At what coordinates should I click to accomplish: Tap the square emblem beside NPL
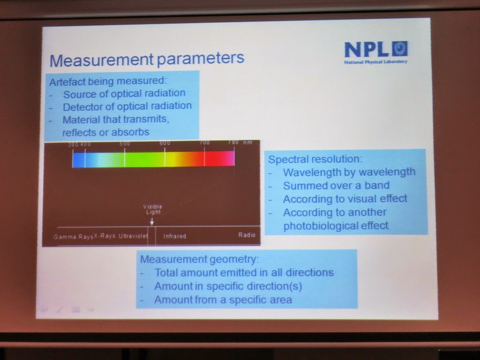[400, 49]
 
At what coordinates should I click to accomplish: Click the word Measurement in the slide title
[102, 60]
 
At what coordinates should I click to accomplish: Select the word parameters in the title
[201, 58]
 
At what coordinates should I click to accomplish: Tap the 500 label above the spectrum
[125, 143]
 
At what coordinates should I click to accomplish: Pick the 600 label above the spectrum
[165, 143]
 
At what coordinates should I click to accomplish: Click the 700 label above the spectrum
[204, 142]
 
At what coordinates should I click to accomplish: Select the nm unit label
[247, 142]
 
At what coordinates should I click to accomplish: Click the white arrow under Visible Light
[152, 221]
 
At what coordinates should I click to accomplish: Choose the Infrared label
[175, 236]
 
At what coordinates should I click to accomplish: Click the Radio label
[247, 235]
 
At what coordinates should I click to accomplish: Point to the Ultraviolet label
[133, 236]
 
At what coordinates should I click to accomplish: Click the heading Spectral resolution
[315, 159]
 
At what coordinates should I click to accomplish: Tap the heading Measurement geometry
[199, 259]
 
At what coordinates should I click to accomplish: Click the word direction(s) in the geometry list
[274, 286]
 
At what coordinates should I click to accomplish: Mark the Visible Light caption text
[152, 210]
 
